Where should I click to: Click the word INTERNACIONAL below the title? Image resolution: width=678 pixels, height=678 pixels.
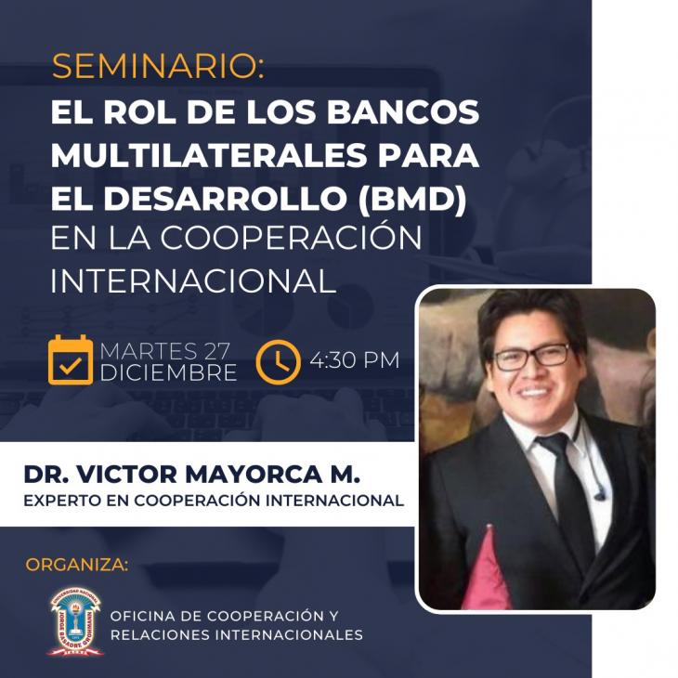(x=193, y=281)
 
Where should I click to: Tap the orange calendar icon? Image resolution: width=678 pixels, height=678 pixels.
(x=71, y=359)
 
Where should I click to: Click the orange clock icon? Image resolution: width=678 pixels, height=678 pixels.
(x=278, y=362)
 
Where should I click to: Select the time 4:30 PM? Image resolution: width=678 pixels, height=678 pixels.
(x=354, y=360)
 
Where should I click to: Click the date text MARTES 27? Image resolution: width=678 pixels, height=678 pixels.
(x=163, y=351)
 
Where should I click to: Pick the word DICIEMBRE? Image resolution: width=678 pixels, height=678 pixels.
(x=168, y=372)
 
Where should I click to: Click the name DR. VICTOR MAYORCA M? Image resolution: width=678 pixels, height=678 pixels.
(x=191, y=474)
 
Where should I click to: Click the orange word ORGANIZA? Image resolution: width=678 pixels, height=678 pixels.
(x=77, y=565)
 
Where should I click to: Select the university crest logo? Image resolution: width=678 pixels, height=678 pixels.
(x=76, y=621)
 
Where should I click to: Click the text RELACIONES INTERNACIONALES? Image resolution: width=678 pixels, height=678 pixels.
(x=237, y=634)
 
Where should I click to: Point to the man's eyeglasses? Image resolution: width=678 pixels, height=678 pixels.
(x=531, y=357)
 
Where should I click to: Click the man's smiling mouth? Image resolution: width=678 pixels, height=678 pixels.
(x=534, y=392)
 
